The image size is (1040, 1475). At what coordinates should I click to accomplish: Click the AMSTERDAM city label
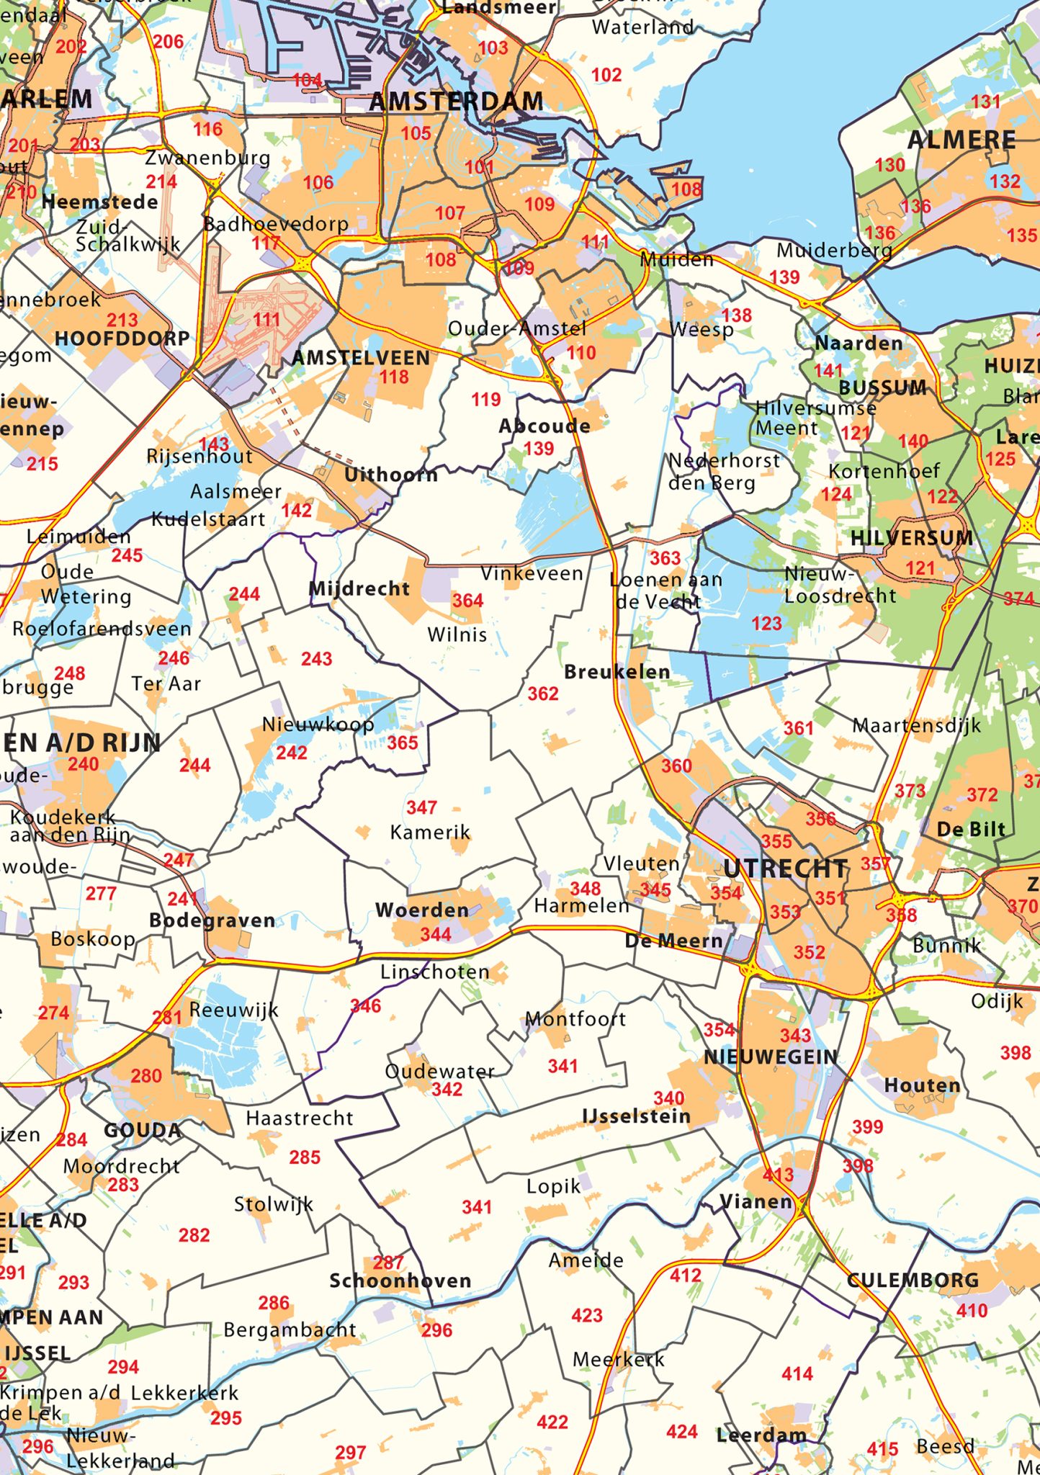click(x=456, y=102)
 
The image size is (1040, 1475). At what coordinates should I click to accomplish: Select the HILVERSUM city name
click(x=911, y=538)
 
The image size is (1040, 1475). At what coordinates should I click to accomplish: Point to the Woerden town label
click(x=422, y=910)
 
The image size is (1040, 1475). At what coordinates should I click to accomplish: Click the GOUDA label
click(x=143, y=1131)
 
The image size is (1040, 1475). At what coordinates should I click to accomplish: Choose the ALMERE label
click(x=961, y=140)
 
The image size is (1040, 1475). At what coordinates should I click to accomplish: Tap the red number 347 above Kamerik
click(x=421, y=808)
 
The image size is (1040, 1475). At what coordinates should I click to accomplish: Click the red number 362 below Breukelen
click(x=543, y=694)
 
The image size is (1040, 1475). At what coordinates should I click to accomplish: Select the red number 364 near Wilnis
click(x=467, y=601)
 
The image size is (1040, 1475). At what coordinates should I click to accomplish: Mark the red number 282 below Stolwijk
click(x=194, y=1235)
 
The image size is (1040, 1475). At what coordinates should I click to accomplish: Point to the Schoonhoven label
click(x=400, y=1281)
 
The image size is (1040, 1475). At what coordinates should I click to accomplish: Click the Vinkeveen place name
click(x=532, y=574)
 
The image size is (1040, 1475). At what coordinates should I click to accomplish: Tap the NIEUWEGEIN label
click(x=771, y=1057)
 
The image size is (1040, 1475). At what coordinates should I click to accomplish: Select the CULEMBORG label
click(x=913, y=1281)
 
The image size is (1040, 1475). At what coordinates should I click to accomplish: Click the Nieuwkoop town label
click(x=318, y=725)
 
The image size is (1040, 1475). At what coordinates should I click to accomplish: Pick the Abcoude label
click(x=544, y=426)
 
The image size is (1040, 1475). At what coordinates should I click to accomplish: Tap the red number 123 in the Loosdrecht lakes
click(x=766, y=624)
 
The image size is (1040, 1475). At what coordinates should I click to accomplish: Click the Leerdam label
click(x=761, y=1435)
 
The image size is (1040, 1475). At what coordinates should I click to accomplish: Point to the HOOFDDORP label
click(x=122, y=339)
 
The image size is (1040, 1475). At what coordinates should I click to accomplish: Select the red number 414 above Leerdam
click(x=797, y=1374)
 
